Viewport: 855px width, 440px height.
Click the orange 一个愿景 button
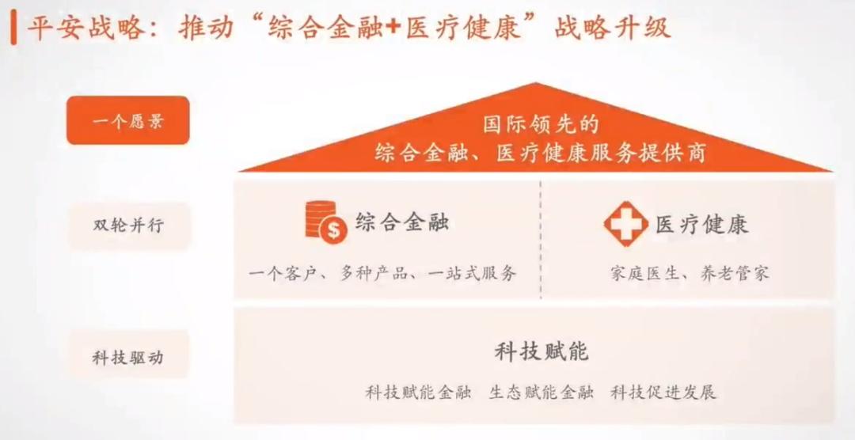pos(127,120)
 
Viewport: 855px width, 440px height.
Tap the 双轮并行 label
pos(127,225)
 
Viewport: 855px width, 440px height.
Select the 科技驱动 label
pos(127,357)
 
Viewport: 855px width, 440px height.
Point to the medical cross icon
pos(625,224)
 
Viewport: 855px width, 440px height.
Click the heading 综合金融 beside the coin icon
pos(402,222)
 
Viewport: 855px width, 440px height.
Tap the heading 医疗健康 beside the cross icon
pos(701,225)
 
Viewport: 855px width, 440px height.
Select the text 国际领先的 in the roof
pos(541,124)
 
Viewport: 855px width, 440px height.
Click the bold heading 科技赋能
pos(541,351)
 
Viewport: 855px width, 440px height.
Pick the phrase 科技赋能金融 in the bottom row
pos(419,392)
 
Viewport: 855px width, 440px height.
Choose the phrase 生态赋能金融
pos(541,392)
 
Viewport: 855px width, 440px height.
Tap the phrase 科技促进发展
pos(663,392)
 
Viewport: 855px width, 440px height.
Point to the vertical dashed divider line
pos(541,237)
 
